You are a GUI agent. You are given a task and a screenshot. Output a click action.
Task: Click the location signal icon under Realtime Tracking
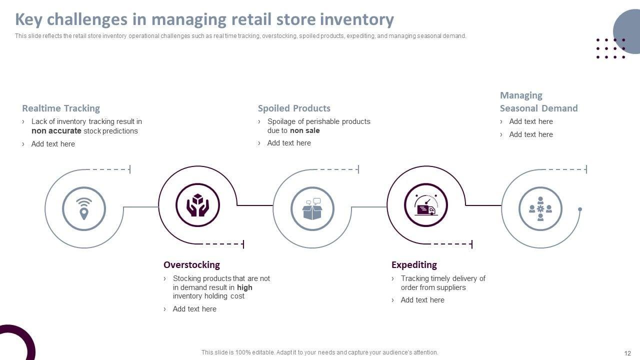[84, 208]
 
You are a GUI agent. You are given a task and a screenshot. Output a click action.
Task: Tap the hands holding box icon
[197, 205]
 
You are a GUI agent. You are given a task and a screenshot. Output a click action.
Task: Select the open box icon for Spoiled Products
[312, 208]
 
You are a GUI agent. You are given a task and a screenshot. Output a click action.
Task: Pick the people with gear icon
[540, 208]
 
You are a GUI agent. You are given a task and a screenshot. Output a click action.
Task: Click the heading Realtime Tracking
[61, 108]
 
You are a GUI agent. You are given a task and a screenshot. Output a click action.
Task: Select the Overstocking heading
[191, 264]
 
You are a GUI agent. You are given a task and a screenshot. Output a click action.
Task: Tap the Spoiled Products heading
[294, 108]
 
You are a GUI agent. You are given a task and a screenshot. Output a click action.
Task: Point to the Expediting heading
[414, 264]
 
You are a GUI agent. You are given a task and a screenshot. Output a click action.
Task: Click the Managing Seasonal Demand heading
[538, 102]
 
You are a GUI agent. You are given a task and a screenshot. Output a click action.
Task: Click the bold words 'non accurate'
[56, 131]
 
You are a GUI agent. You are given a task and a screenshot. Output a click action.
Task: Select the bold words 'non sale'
[304, 130]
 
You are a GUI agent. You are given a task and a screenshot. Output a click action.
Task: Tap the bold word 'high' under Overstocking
[244, 287]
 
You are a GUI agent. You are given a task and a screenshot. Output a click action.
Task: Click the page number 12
[627, 352]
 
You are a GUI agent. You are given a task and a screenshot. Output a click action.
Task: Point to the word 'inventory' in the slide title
[356, 19]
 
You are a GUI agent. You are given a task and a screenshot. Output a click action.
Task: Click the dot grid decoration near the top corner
[610, 48]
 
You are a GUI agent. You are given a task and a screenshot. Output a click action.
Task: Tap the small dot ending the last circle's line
[580, 209]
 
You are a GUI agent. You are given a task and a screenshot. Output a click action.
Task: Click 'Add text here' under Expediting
[422, 300]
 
